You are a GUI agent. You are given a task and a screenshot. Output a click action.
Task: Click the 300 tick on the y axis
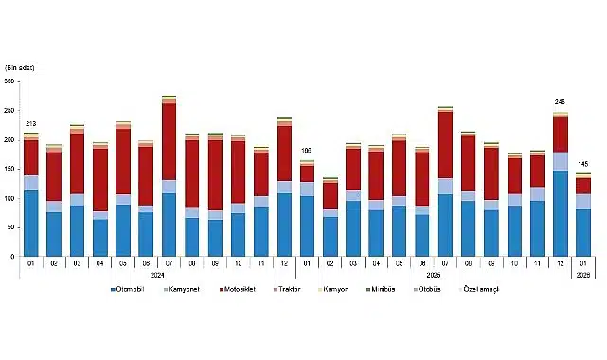[9, 81]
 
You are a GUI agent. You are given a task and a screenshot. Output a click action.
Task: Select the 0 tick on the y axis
[12, 257]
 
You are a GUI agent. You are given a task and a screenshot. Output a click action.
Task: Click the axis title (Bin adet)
[20, 68]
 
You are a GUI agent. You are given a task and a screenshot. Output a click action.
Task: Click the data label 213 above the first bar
[31, 124]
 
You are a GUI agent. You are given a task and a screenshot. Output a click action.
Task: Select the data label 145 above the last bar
[583, 163]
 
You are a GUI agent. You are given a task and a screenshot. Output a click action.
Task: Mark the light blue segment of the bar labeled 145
[583, 201]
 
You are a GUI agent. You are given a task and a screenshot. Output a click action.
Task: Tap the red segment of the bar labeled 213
[31, 158]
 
